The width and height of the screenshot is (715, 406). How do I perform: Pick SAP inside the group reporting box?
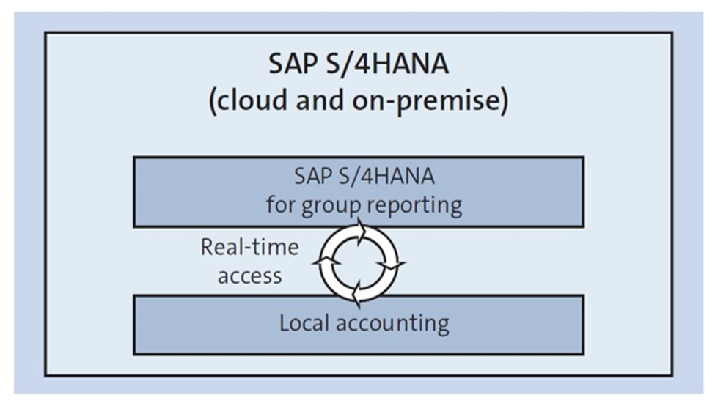310,176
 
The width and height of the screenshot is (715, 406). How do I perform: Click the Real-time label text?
250,248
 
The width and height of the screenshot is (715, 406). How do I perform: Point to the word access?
250,276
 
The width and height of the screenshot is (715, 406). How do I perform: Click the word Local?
304,323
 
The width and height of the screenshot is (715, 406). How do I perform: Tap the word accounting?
392,325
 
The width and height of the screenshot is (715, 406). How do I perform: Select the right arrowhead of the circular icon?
392,265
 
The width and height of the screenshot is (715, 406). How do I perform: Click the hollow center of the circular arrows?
359,263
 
